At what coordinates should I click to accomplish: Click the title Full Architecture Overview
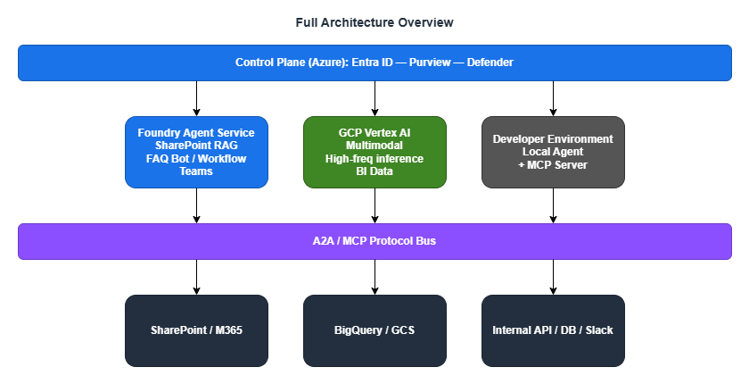[374, 21]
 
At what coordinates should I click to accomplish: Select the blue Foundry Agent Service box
[196, 152]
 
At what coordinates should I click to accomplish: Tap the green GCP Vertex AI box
[374, 152]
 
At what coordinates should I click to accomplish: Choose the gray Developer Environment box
[553, 152]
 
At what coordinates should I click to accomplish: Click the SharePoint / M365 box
[196, 330]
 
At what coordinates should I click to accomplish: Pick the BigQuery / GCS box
[374, 330]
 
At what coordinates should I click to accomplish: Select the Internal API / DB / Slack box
[553, 330]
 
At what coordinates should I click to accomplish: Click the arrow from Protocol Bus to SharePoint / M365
[196, 277]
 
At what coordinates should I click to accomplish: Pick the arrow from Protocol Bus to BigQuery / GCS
[374, 277]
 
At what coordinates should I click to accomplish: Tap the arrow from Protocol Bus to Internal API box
[553, 277]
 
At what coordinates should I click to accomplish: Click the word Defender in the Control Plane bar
[490, 63]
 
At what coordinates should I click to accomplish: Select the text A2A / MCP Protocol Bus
[374, 241]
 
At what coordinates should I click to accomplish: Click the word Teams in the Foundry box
[196, 171]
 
